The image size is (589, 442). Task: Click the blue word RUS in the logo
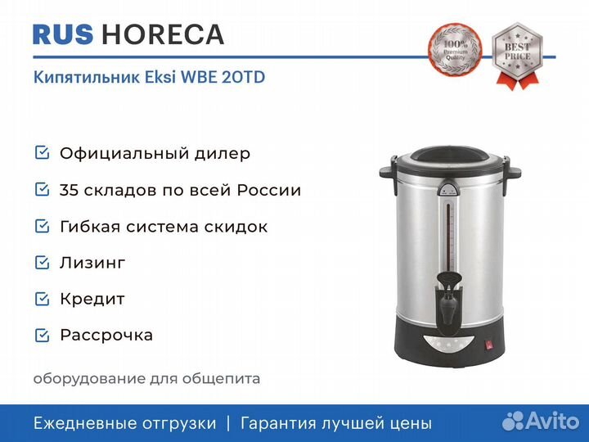pos(63,34)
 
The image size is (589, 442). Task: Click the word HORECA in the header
pos(163,34)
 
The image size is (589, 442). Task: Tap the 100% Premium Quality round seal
pos(455,48)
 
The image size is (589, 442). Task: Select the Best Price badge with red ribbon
pos(517,56)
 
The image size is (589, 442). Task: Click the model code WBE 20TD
pos(223,77)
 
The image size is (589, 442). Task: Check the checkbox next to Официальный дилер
pos(42,153)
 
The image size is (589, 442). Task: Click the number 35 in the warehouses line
pos(69,190)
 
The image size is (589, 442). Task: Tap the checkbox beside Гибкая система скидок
pos(42,226)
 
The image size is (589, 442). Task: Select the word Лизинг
pos(92,263)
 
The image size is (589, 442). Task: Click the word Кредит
pos(92,300)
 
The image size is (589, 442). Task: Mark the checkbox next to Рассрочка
pos(42,336)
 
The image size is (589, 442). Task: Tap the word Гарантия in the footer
pos(278,424)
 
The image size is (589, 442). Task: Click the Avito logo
pos(541,421)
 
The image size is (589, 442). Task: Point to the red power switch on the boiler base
pos(488,345)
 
